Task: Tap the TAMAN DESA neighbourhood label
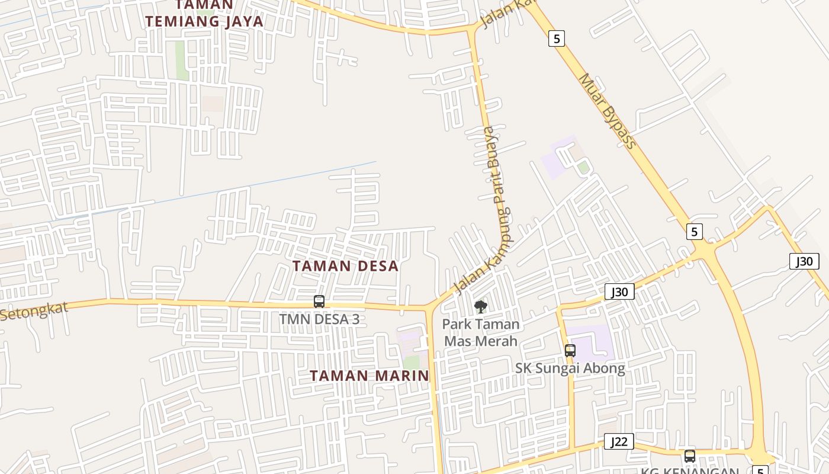pyautogui.click(x=345, y=266)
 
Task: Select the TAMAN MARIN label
pyautogui.click(x=369, y=376)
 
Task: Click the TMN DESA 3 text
pyautogui.click(x=319, y=319)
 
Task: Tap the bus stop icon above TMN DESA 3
pyautogui.click(x=319, y=301)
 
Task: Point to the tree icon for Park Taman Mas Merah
pyautogui.click(x=481, y=307)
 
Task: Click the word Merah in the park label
pyautogui.click(x=498, y=341)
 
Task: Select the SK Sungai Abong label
pyautogui.click(x=570, y=369)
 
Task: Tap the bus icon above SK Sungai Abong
pyautogui.click(x=570, y=350)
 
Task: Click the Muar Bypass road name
pyautogui.click(x=606, y=111)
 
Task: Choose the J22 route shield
pyautogui.click(x=619, y=441)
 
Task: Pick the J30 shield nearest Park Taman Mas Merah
pyautogui.click(x=619, y=292)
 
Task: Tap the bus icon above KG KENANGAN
pyautogui.click(x=690, y=456)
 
